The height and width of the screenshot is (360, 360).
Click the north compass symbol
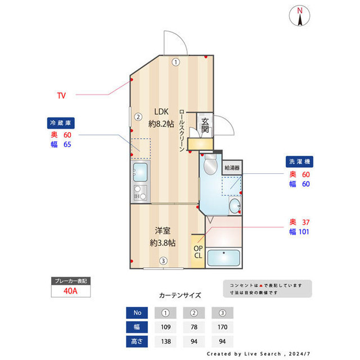point(300,16)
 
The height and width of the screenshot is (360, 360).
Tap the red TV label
point(61,96)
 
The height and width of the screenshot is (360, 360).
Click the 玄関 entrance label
point(205,125)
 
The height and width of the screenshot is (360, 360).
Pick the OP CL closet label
point(198,251)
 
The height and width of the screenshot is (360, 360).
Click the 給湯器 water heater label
point(232,168)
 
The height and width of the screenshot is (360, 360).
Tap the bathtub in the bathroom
point(224,258)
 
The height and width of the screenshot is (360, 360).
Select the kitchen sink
point(140,170)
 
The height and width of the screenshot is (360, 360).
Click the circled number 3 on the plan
point(163,261)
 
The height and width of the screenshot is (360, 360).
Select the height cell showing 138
point(166,341)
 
